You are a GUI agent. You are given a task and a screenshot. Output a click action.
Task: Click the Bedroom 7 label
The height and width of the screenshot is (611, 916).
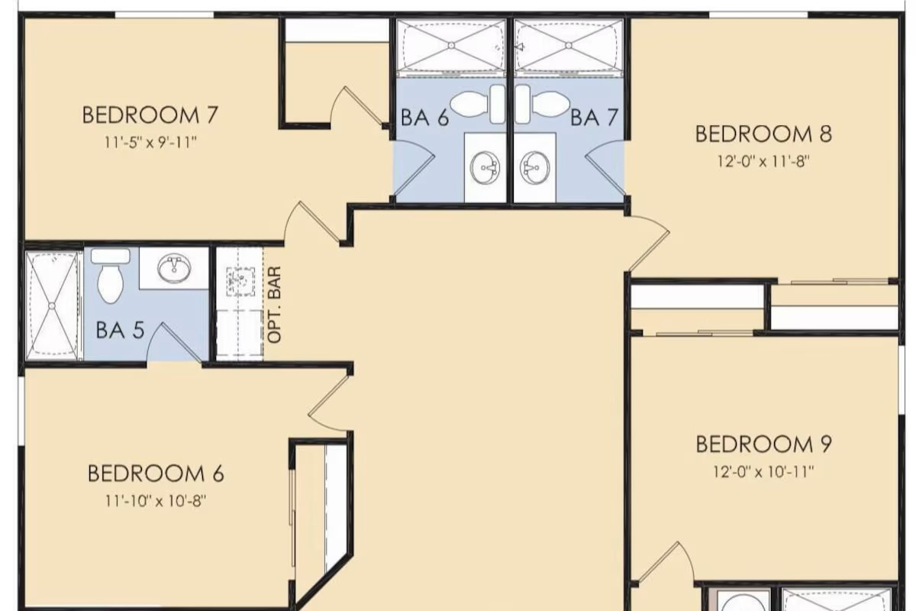click(150, 115)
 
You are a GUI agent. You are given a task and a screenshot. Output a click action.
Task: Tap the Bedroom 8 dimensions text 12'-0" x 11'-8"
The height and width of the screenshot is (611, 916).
click(763, 161)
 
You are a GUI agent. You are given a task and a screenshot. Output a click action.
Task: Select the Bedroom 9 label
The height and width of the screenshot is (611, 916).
click(763, 445)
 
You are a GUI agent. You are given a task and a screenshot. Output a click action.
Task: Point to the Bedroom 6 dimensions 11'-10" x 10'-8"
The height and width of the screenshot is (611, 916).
click(156, 501)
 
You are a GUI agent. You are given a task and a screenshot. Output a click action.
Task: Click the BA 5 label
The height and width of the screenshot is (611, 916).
click(121, 330)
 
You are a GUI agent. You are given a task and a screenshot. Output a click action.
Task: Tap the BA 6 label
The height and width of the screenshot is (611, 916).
click(425, 118)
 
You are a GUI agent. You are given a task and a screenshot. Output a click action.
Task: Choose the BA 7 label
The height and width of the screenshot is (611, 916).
click(594, 118)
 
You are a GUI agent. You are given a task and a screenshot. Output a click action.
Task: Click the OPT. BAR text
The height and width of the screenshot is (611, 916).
click(274, 305)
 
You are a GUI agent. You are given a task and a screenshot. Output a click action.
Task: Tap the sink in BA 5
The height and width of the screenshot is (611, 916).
click(175, 269)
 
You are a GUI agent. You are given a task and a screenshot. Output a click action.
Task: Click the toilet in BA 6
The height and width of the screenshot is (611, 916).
click(478, 104)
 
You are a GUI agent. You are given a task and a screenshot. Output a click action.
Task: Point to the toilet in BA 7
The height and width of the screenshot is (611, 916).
click(543, 104)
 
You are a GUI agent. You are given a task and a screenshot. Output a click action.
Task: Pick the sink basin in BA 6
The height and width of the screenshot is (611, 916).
click(485, 168)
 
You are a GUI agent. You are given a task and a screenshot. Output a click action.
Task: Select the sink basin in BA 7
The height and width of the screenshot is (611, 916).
click(535, 168)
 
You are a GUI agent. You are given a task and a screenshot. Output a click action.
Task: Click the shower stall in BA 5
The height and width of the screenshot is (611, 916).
click(52, 305)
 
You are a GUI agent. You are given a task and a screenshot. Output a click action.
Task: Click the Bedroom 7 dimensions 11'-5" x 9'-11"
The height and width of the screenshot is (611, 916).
click(150, 143)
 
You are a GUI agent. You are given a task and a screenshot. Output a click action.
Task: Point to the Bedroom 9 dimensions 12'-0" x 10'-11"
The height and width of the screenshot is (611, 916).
click(763, 472)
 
